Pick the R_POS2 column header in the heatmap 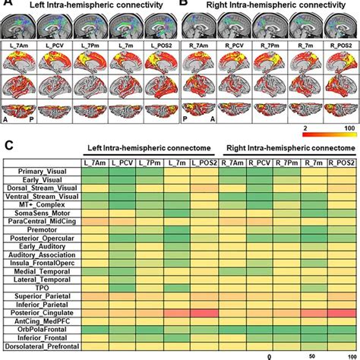click(340, 182)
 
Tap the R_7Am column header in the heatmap click(231, 182)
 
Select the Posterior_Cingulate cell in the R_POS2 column click(340, 311)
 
